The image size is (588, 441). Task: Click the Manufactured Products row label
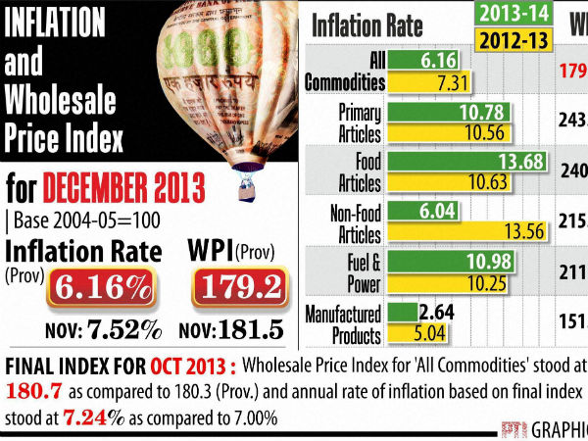[343, 325]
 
